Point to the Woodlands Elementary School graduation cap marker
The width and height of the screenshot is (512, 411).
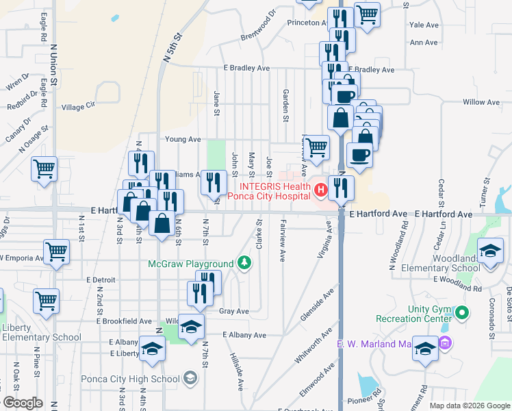[490, 251]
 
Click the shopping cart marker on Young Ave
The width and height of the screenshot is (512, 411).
[316, 147]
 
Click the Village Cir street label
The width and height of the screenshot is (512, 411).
[78, 107]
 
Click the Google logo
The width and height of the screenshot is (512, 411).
[23, 402]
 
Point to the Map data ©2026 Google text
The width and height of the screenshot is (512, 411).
[469, 406]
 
